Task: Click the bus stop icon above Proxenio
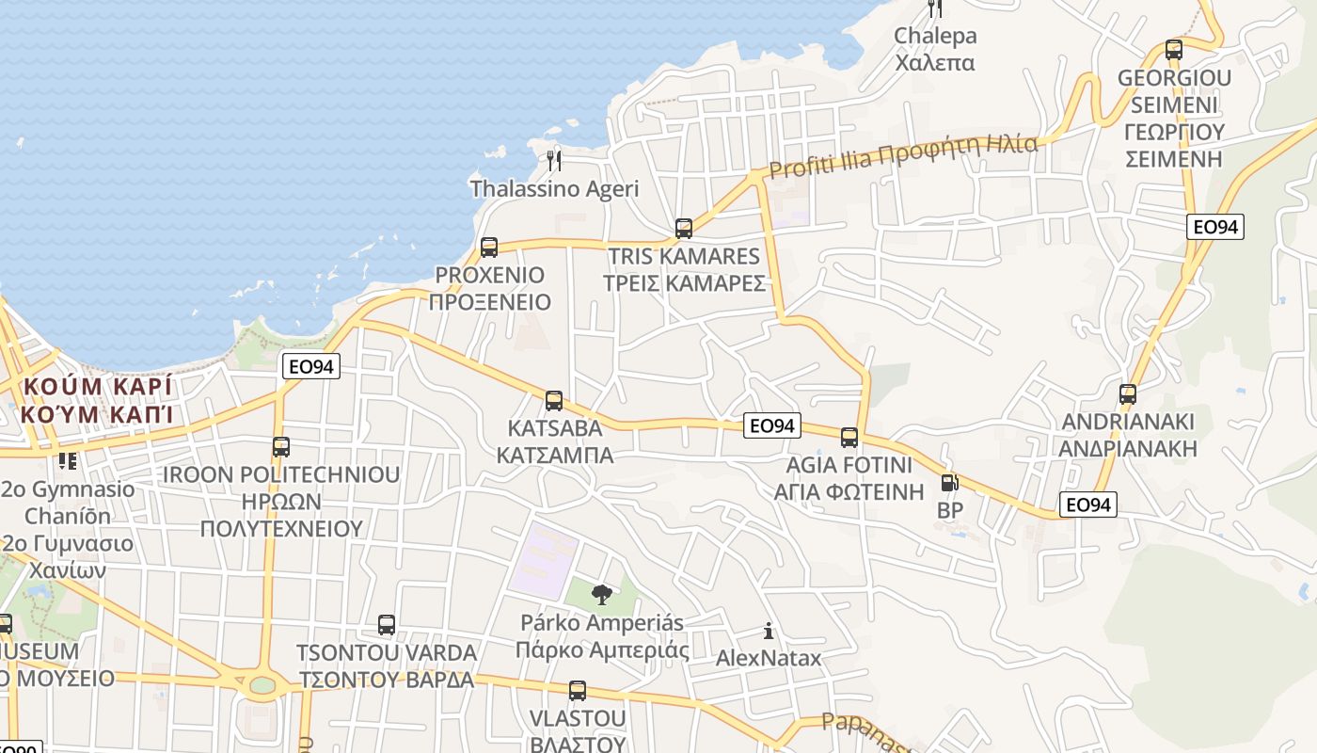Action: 489,248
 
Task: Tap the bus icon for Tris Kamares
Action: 684,229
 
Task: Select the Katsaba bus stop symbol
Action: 554,401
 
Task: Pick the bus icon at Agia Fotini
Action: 849,438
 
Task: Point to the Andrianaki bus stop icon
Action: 1128,394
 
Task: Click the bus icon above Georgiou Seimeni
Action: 1174,50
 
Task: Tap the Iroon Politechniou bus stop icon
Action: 281,447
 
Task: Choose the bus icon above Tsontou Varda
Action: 387,625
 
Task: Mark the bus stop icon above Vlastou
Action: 578,691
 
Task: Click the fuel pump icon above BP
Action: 950,484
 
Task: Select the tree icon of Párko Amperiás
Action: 602,594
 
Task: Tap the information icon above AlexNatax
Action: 769,631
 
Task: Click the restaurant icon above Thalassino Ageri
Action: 554,161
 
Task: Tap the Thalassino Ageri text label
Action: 554,188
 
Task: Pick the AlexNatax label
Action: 769,658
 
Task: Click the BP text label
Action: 950,510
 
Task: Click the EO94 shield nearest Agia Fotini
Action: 771,426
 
